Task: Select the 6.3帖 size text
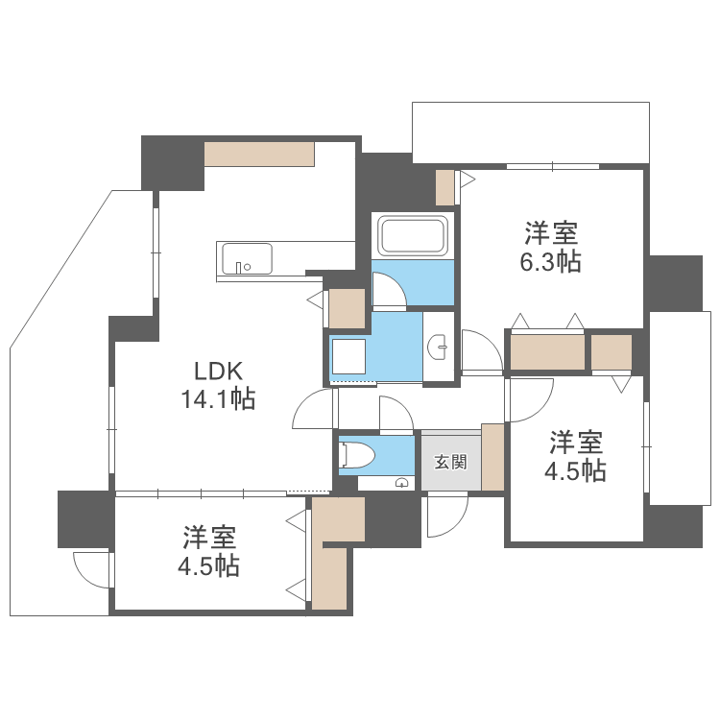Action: click(550, 261)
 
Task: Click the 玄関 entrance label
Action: click(450, 462)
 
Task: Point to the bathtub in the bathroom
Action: click(413, 235)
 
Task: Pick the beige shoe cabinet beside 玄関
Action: click(492, 456)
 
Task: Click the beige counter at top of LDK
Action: click(259, 154)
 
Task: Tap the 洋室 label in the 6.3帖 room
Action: click(550, 232)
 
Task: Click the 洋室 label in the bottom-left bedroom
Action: click(210, 536)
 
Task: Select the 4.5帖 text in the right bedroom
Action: click(577, 470)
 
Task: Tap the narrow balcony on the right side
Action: click(680, 407)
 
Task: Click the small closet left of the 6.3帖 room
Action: click(444, 187)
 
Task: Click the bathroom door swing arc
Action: click(389, 290)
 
